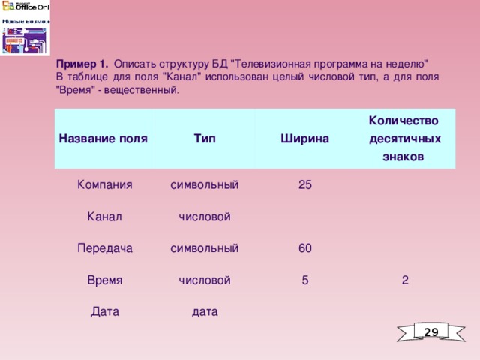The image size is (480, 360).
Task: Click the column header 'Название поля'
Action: pyautogui.click(x=103, y=139)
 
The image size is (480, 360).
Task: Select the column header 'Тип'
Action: pyautogui.click(x=205, y=139)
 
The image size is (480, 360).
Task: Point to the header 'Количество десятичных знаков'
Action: pyautogui.click(x=404, y=139)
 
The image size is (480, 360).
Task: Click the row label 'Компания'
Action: pyautogui.click(x=105, y=184)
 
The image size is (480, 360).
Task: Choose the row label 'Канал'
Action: pyautogui.click(x=105, y=217)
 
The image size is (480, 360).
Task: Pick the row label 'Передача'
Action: pyautogui.click(x=105, y=247)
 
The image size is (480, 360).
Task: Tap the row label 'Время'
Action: pyautogui.click(x=105, y=280)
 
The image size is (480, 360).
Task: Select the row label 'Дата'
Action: pyautogui.click(x=105, y=311)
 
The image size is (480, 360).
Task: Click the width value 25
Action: pyautogui.click(x=305, y=184)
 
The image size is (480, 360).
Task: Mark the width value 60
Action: pyautogui.click(x=305, y=247)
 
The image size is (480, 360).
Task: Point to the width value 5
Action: pyautogui.click(x=304, y=280)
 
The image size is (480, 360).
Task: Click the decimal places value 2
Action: pyautogui.click(x=405, y=280)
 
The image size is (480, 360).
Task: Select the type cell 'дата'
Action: pyautogui.click(x=205, y=311)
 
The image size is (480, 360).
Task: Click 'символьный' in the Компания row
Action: pyautogui.click(x=205, y=184)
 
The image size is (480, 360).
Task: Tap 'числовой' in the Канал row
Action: pyautogui.click(x=205, y=217)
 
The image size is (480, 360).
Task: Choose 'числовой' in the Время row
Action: pyautogui.click(x=205, y=280)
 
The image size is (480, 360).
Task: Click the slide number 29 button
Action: pyautogui.click(x=430, y=331)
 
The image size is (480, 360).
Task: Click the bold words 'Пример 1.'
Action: pyautogui.click(x=82, y=64)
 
